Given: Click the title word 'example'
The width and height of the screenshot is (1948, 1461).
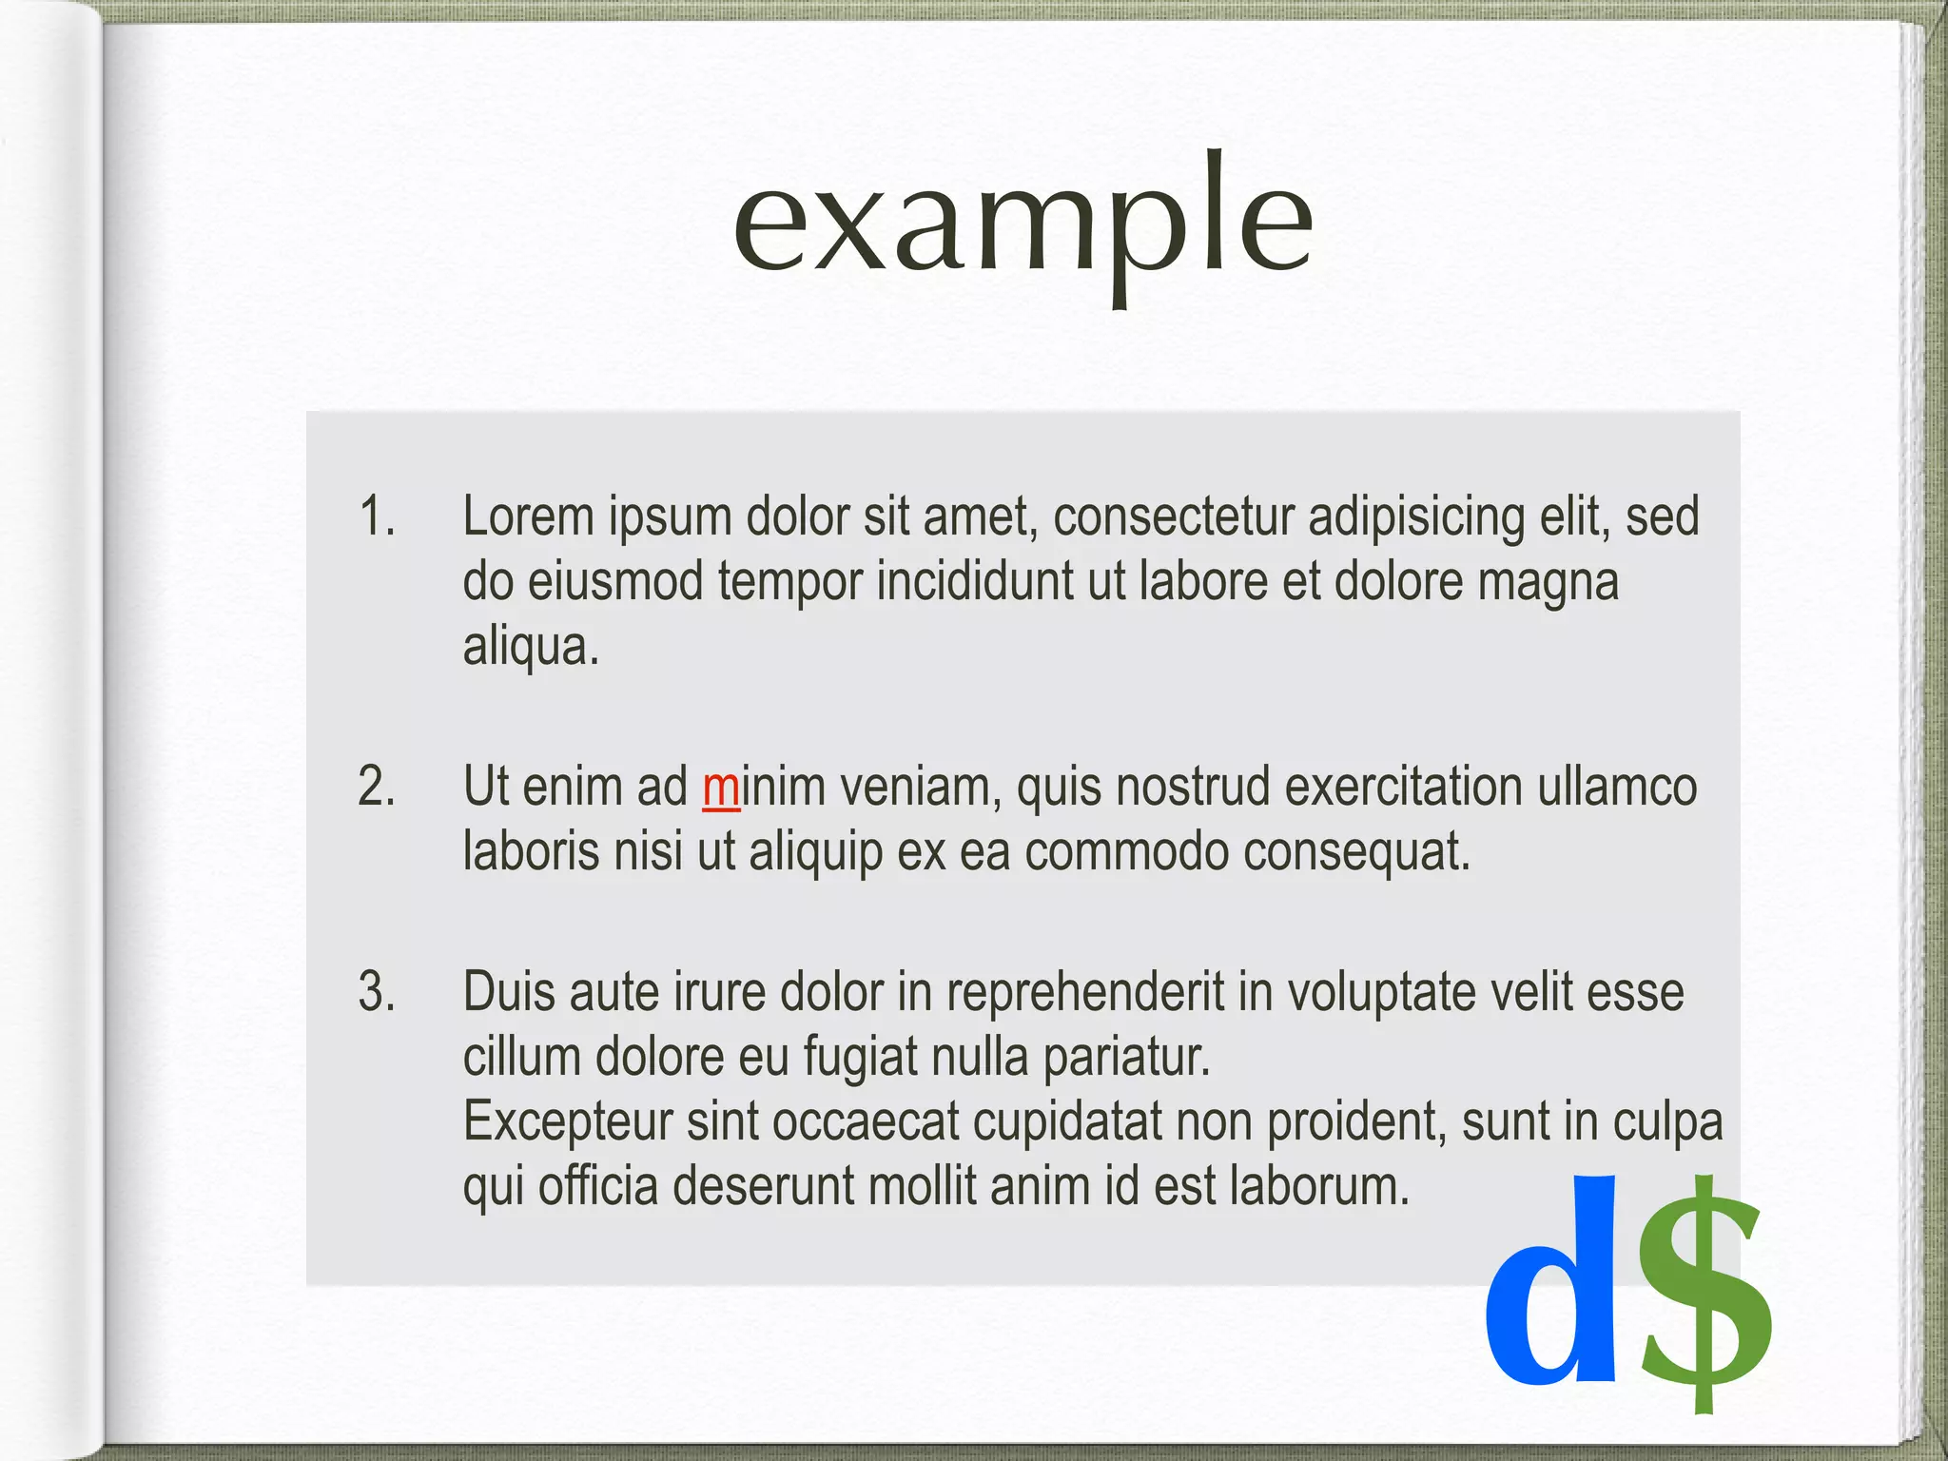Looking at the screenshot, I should tap(1023, 224).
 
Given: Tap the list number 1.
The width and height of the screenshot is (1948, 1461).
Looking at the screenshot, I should tap(377, 516).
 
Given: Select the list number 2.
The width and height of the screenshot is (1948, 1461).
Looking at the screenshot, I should tap(377, 787).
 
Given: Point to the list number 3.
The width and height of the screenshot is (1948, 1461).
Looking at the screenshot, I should tap(377, 991).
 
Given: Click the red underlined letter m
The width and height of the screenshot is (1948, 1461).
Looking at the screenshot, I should tap(721, 789).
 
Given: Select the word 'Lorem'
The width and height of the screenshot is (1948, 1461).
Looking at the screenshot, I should tap(529, 516).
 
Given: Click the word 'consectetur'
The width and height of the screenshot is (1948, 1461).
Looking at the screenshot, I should tap(1174, 516).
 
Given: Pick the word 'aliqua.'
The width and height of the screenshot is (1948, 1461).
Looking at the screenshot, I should tap(531, 647).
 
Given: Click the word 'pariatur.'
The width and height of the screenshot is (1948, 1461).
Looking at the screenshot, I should tap(1127, 1058).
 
